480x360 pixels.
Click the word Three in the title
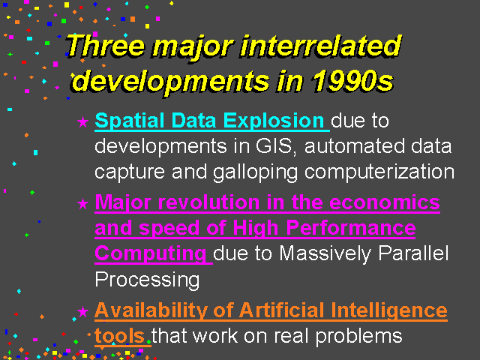coord(106,46)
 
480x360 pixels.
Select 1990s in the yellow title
coord(352,80)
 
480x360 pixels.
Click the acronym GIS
coord(274,146)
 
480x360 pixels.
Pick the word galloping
coord(255,172)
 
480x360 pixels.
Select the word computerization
coord(379,172)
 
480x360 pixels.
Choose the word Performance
coord(351,228)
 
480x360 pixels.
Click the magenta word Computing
coord(151,254)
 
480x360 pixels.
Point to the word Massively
coord(325,254)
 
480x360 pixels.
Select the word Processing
coord(147,280)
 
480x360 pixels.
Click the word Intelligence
coord(389,310)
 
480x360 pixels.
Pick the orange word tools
coord(119,336)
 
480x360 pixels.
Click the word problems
coord(358,337)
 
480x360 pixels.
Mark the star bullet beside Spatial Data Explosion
coord(82,121)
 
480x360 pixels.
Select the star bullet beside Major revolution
coord(82,203)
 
